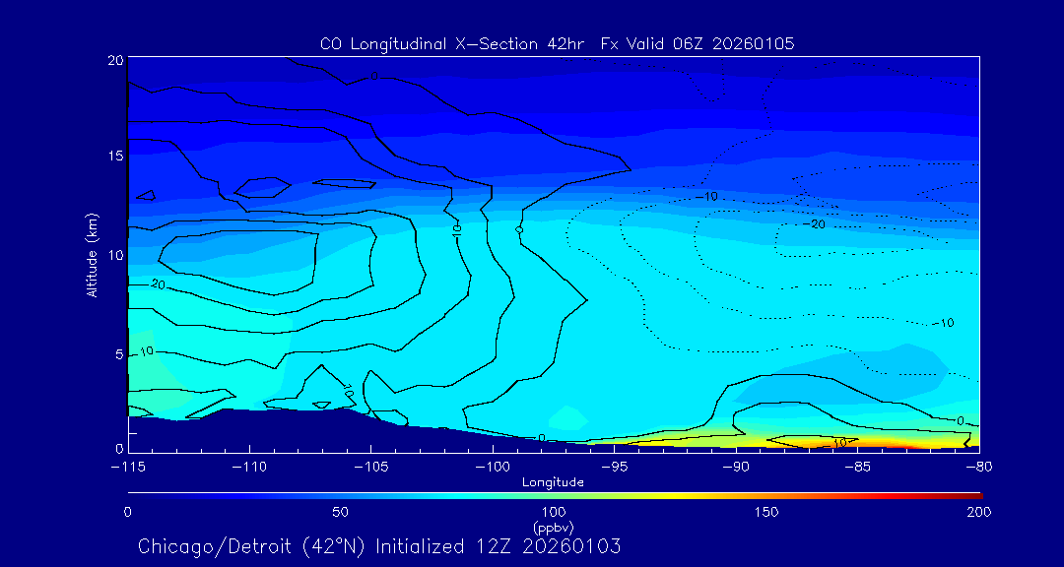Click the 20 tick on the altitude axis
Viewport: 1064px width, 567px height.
coord(115,60)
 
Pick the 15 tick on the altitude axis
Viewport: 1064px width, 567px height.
coord(115,156)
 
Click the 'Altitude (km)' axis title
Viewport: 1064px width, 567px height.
coord(93,255)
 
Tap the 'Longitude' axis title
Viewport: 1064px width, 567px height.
coord(553,481)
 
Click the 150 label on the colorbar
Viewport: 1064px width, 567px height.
coord(766,512)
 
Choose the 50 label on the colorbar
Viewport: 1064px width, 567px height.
coord(340,512)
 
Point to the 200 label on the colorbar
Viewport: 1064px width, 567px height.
coord(979,512)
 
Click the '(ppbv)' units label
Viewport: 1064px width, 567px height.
coord(553,527)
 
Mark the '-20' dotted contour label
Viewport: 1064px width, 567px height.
coord(814,224)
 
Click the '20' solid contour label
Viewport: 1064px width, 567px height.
coord(158,283)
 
